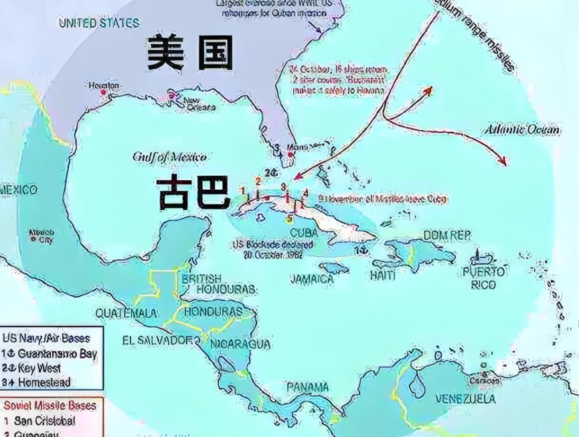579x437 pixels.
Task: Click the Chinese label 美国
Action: point(189,54)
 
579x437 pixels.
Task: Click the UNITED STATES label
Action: point(98,23)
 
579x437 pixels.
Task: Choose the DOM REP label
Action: point(447,237)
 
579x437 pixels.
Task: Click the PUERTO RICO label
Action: point(479,279)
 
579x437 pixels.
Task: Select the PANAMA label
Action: point(307,387)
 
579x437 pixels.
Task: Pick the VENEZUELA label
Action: point(465,399)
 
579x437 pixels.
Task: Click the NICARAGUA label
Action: point(240,344)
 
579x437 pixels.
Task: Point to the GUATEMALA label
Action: point(127,313)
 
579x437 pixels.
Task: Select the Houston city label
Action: point(104,86)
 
